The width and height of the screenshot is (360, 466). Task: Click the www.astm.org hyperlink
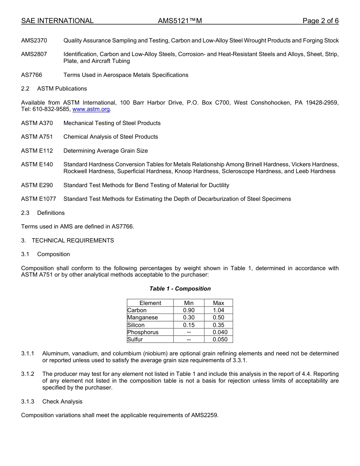(91, 109)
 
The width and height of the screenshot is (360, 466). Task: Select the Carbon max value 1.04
(218, 310)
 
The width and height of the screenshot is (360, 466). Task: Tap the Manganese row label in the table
(142, 317)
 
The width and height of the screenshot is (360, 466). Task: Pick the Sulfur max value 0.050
(220, 339)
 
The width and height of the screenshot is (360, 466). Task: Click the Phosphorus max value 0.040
(220, 332)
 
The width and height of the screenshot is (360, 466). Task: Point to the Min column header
(189, 303)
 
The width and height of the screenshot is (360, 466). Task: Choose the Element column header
(150, 303)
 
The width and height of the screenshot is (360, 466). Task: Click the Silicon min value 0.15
(189, 325)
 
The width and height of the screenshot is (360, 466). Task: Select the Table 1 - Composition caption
(180, 289)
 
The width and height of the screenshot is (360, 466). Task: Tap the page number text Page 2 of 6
(320, 21)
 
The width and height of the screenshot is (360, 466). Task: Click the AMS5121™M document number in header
(180, 21)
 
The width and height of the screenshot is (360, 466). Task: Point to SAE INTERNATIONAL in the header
(57, 21)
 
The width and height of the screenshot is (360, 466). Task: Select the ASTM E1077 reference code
(39, 199)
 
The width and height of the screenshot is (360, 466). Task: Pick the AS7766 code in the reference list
(32, 75)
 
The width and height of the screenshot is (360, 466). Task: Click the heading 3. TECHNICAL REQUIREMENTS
(67, 241)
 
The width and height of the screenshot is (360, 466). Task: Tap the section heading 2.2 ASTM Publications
(54, 89)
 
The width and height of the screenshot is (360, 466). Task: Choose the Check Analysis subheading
(62, 402)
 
